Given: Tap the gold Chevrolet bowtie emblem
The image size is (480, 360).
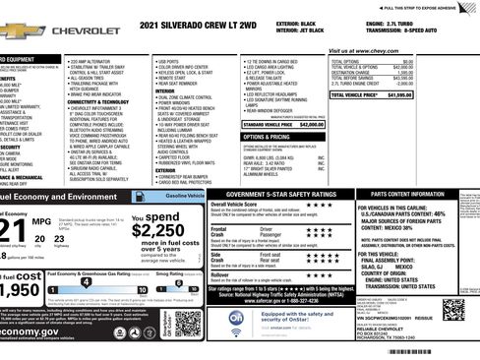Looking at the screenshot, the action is [13, 30].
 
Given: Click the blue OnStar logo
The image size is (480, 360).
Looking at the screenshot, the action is [237, 319].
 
